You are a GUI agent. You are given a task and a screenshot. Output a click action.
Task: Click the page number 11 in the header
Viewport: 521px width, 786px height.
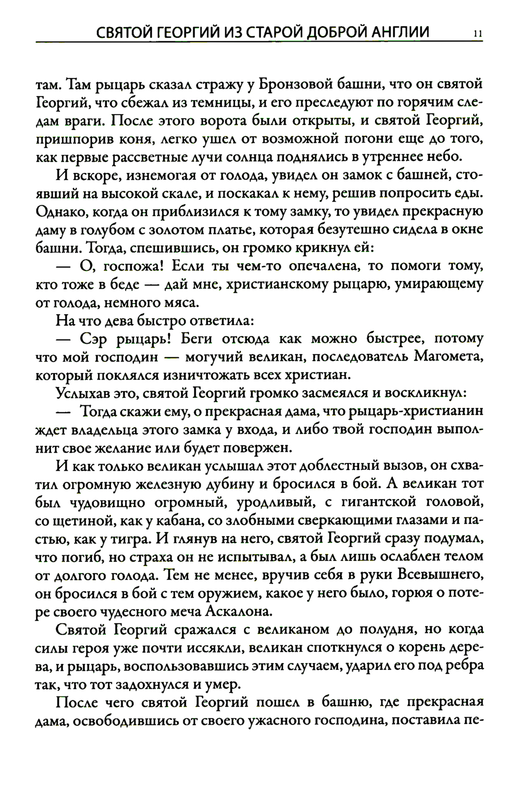click(478, 34)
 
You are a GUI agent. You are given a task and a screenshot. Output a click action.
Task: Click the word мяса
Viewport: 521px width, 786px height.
click(180, 303)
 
